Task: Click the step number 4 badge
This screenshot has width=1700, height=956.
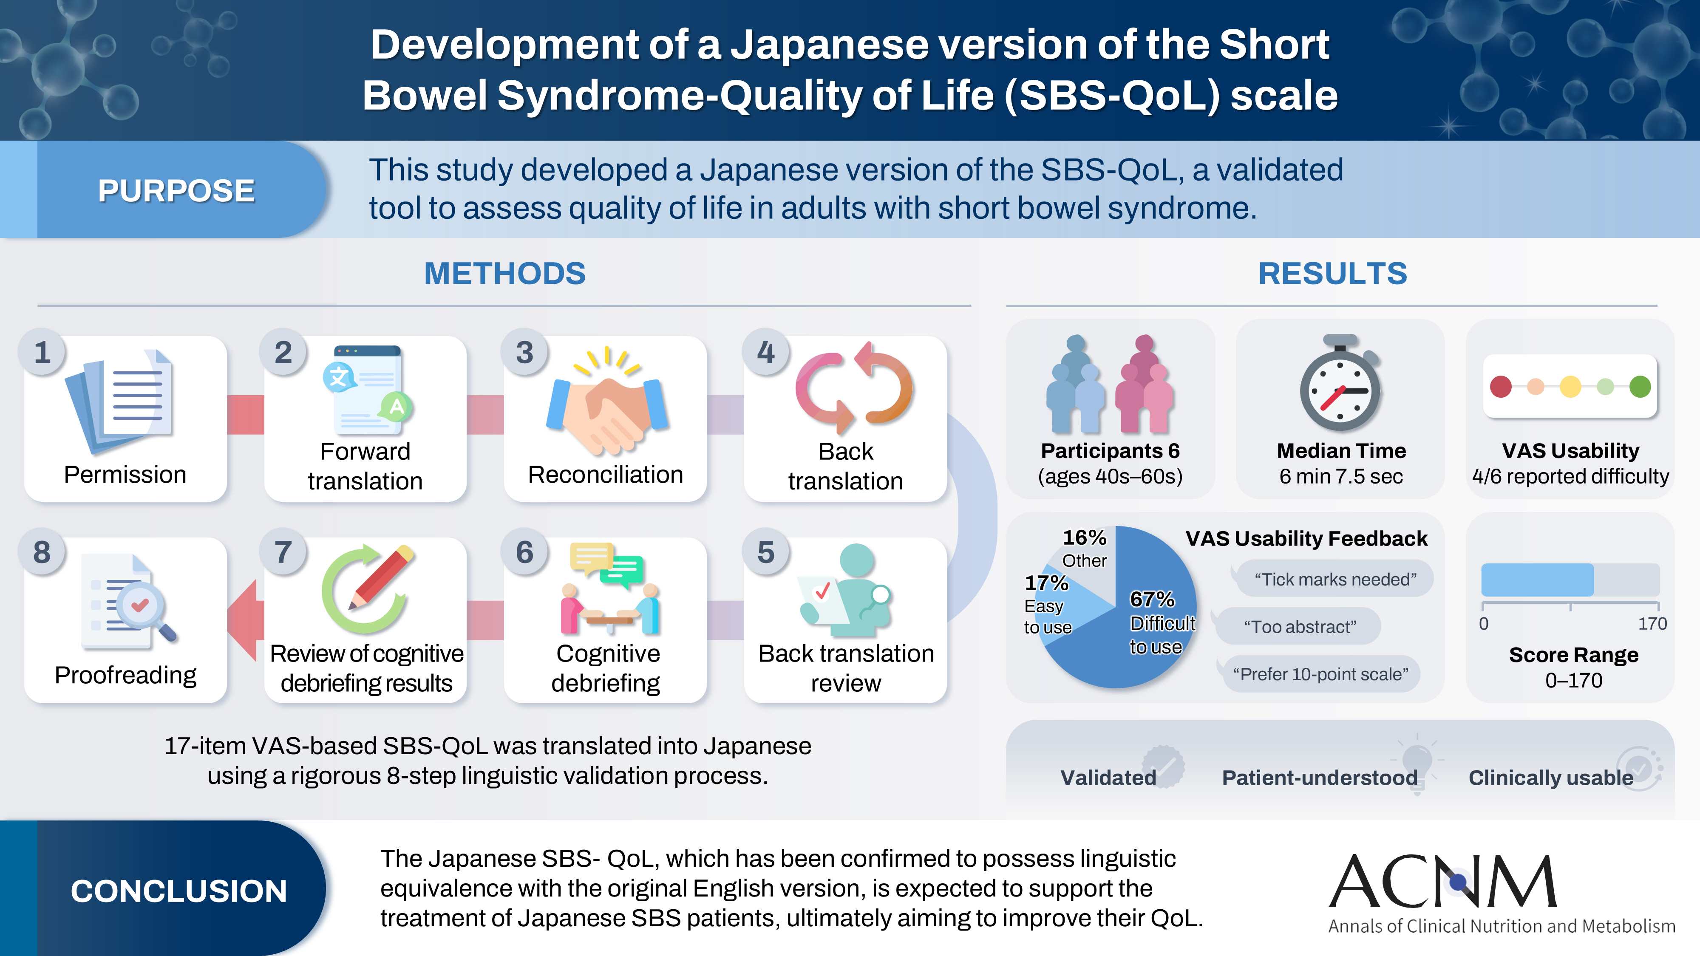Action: (765, 352)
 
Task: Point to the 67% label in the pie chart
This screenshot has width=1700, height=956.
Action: (1152, 599)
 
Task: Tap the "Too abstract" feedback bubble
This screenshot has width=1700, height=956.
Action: (1299, 626)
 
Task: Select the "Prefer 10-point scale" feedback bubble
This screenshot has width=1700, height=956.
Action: (1320, 673)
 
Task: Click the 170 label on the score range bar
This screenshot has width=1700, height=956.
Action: (1652, 623)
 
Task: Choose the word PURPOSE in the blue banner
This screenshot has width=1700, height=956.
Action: (176, 191)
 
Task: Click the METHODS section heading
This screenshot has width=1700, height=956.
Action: (505, 273)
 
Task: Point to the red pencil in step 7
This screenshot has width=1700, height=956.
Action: (382, 577)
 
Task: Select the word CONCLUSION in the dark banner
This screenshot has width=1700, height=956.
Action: (179, 891)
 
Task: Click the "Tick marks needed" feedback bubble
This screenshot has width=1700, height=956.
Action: (1334, 579)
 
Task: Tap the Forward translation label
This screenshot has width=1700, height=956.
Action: (365, 466)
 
